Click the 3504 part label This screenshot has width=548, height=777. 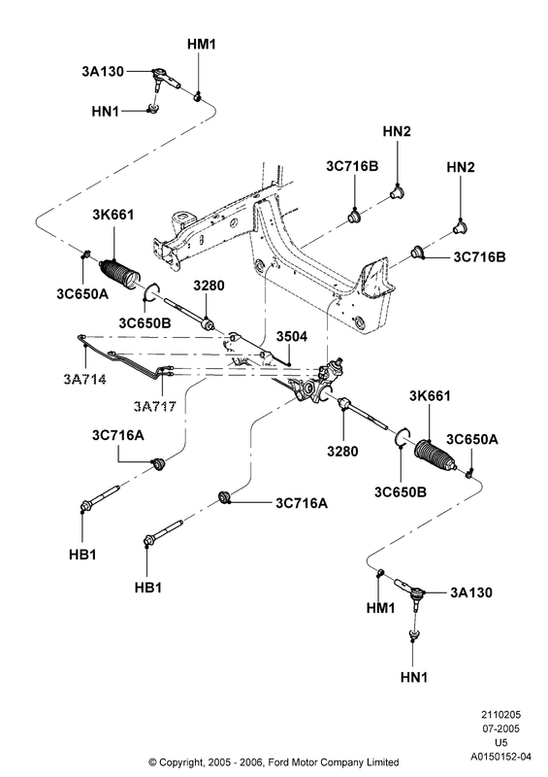292,336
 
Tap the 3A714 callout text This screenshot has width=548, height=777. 84,380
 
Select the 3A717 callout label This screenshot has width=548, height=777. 154,407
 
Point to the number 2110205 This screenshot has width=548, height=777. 501,715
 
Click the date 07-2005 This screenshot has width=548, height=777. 501,728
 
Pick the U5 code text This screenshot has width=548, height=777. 501,742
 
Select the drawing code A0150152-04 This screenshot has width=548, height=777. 500,757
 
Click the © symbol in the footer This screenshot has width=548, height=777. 153,762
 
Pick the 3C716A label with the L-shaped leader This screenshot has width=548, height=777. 117,435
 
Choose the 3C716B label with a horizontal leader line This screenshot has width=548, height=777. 480,257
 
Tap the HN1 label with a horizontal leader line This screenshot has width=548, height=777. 106,112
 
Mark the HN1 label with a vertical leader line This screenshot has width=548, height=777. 414,677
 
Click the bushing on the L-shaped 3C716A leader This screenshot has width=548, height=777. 158,464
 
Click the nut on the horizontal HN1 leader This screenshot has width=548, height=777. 153,109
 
